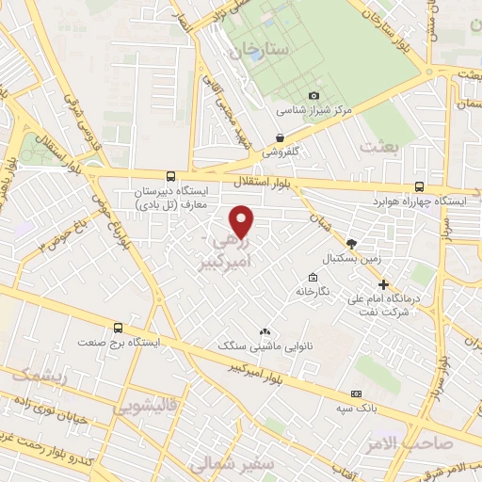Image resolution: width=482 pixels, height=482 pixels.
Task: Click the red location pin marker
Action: [243, 221]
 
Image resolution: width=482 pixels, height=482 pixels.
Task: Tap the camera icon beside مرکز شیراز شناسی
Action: [314, 95]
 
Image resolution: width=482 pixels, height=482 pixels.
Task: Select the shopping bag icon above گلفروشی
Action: [281, 137]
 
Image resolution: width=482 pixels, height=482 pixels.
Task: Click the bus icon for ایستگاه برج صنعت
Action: [118, 329]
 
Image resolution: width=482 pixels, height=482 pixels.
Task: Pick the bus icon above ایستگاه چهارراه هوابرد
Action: [419, 187]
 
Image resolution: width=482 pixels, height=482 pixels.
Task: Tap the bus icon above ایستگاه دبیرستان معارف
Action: [170, 175]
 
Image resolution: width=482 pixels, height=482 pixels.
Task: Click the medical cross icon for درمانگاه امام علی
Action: [383, 284]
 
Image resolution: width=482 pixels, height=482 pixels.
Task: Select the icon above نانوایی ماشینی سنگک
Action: [265, 332]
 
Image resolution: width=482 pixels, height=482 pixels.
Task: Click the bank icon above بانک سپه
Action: [356, 394]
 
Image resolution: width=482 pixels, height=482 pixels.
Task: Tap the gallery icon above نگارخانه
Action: [313, 277]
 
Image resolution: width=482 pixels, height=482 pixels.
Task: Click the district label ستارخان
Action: [251, 47]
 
